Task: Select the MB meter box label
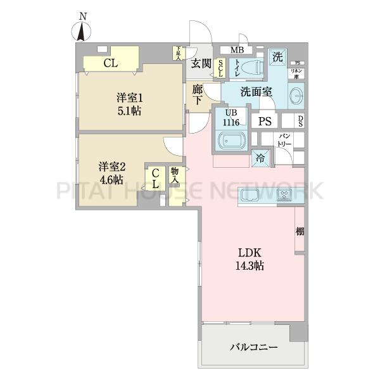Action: click(236, 50)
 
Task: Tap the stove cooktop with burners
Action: click(284, 196)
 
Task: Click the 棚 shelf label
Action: click(299, 231)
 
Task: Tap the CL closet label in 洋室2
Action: click(155, 179)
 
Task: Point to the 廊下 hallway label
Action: click(198, 95)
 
